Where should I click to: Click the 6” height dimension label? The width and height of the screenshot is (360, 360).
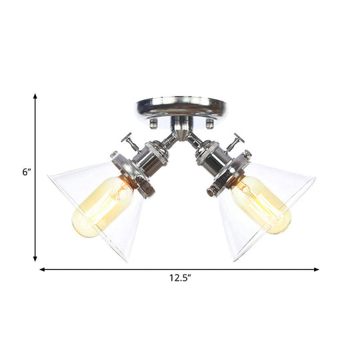click(x=26, y=172)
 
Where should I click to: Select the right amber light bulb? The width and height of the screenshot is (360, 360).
click(x=261, y=205)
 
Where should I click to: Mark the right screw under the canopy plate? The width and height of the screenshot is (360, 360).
click(x=210, y=123)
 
